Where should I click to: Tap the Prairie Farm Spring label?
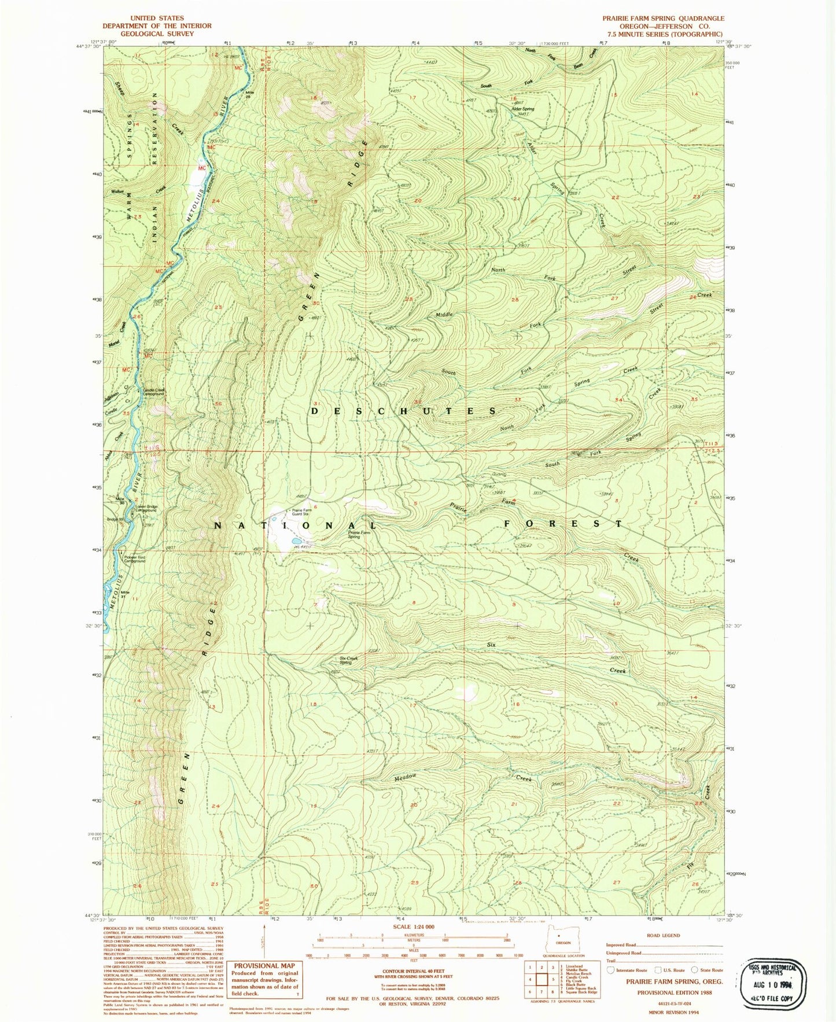pos(359,534)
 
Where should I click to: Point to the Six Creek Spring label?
pos(348,660)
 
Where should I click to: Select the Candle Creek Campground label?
pos(153,392)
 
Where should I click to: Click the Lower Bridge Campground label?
pos(146,509)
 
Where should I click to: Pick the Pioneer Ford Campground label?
pos(134,559)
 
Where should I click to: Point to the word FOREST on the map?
pos(563,524)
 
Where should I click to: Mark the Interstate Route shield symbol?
pos(612,970)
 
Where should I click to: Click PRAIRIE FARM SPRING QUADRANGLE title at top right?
pos(663,19)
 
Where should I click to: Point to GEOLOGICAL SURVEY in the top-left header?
pos(157,34)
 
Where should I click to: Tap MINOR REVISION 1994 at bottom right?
pos(664,1012)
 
